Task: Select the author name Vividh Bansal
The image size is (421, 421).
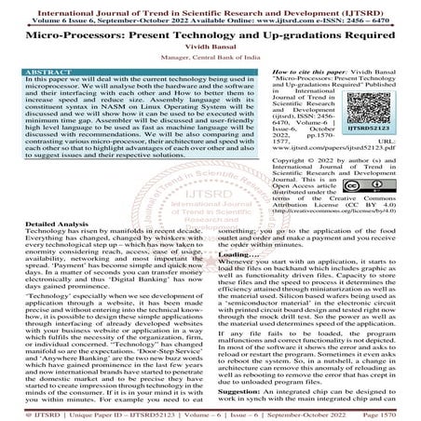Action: coord(210,54)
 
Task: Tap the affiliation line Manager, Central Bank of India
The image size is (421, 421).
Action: coord(210,66)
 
